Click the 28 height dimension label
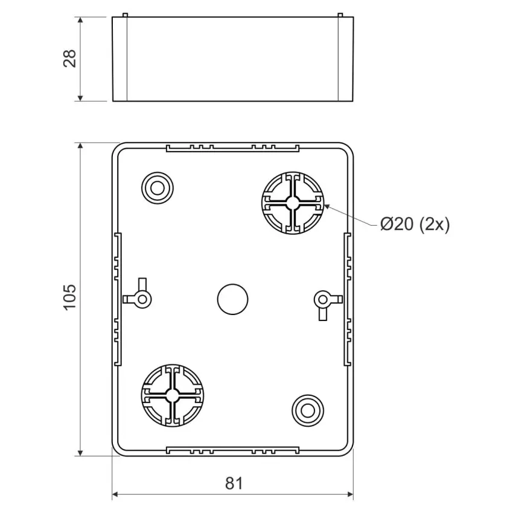click(x=69, y=59)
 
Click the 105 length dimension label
click(x=69, y=297)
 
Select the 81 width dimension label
click(x=234, y=483)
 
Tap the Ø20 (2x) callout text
click(x=415, y=225)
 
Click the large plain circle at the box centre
click(x=232, y=299)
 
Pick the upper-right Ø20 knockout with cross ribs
click(x=293, y=203)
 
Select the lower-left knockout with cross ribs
click(x=173, y=395)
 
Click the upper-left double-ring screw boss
click(x=158, y=188)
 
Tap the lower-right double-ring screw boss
click(x=308, y=410)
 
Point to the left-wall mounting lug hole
click(x=142, y=299)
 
